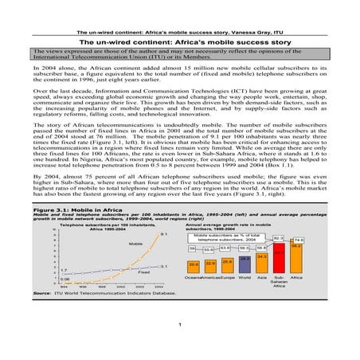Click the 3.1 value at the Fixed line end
pos(163,266)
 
